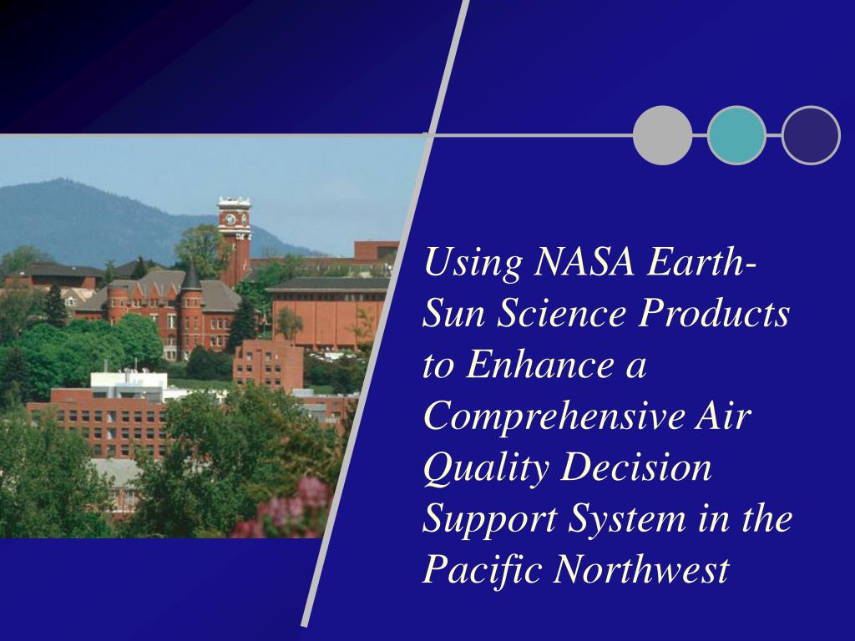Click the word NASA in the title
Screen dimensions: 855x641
click(x=584, y=262)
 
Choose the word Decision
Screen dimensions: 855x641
click(x=636, y=467)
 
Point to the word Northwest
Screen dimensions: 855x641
click(x=641, y=569)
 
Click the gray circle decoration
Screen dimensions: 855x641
click(x=662, y=135)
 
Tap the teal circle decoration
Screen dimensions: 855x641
click(x=736, y=135)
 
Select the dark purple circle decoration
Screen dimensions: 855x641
click(x=811, y=135)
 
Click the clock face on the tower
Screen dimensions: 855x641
click(x=230, y=220)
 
